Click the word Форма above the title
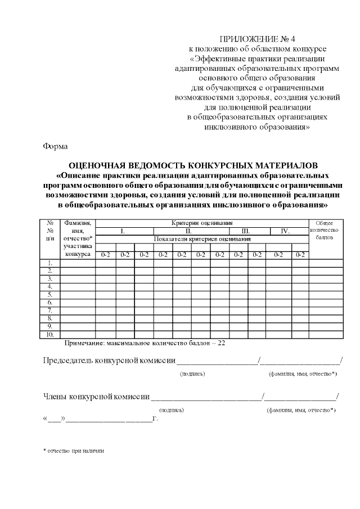(55, 147)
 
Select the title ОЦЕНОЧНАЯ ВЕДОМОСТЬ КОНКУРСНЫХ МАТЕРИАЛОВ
(193, 165)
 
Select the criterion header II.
(189, 231)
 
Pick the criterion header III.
(245, 231)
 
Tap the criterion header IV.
(285, 231)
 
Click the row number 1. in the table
(50, 263)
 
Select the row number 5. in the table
(50, 294)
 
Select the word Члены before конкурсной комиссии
(55, 397)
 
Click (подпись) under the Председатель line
(192, 373)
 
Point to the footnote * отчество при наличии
(74, 451)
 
